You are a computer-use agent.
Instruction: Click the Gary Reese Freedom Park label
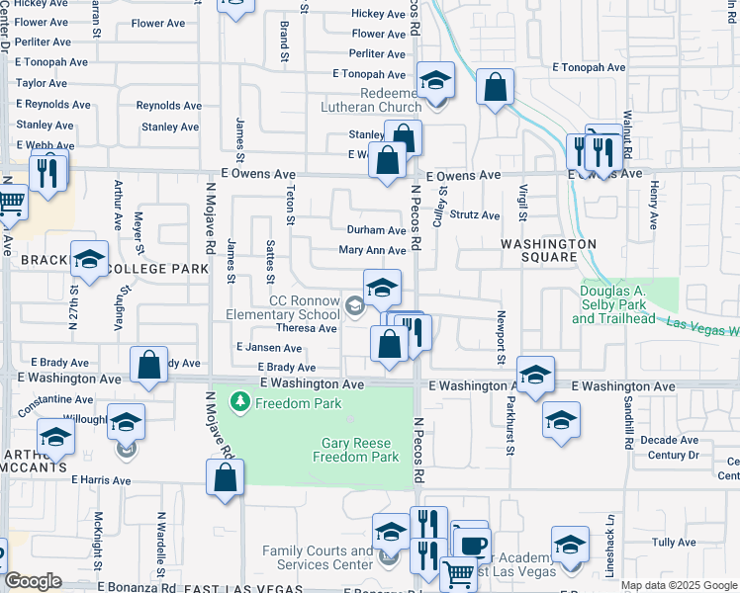pyautogui.click(x=355, y=451)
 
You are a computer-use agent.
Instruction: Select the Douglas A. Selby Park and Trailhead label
pyautogui.click(x=613, y=304)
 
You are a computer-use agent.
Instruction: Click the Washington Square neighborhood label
pyautogui.click(x=548, y=250)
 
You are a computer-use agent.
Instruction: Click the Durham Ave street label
pyautogui.click(x=376, y=229)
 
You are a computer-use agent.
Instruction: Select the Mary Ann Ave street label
pyautogui.click(x=372, y=251)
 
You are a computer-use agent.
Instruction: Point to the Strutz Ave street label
pyautogui.click(x=475, y=214)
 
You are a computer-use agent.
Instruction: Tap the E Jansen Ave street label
pyautogui.click(x=269, y=348)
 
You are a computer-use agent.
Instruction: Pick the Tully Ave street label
pyautogui.click(x=674, y=543)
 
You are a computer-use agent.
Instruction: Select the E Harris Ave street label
pyautogui.click(x=101, y=480)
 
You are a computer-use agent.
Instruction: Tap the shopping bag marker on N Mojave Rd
pyautogui.click(x=226, y=476)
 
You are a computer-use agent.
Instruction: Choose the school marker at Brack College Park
pyautogui.click(x=89, y=261)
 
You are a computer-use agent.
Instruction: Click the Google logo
pyautogui.click(x=35, y=582)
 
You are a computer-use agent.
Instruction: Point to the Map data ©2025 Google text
pyautogui.click(x=678, y=585)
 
